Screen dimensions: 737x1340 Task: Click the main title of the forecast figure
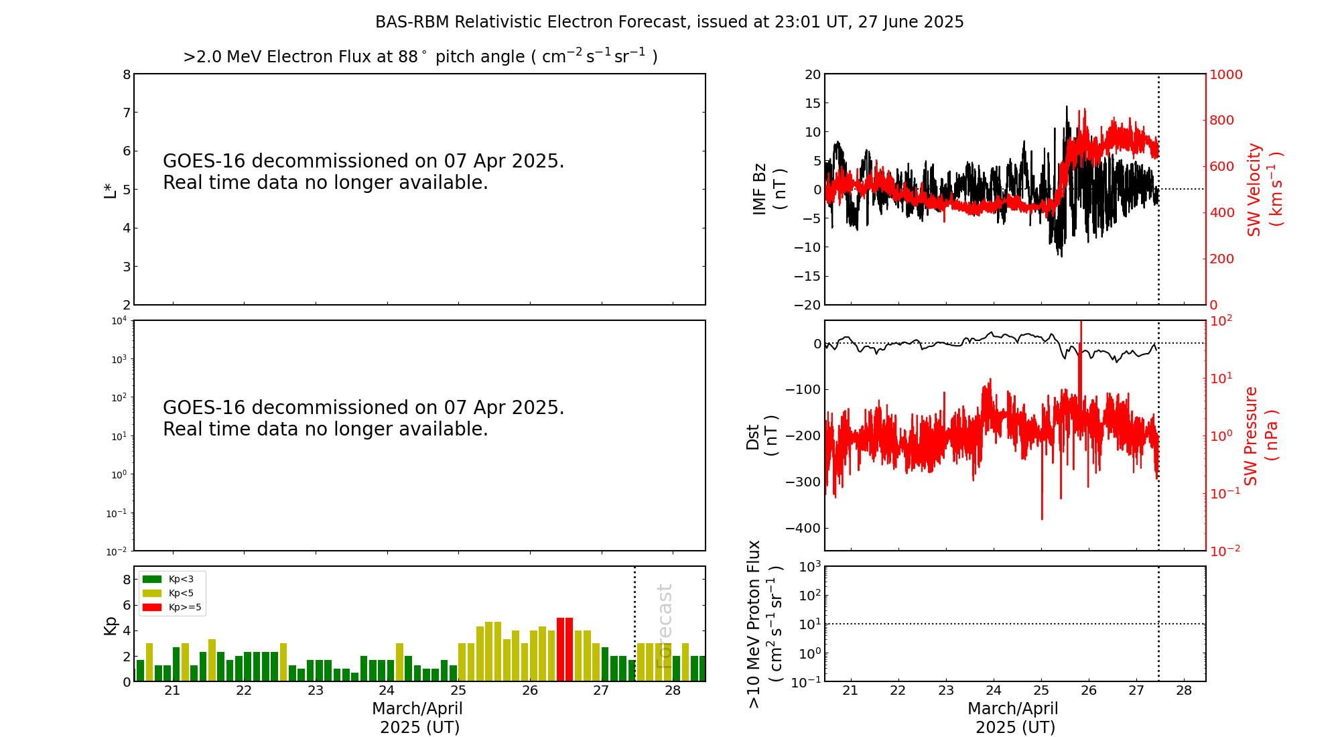coord(669,22)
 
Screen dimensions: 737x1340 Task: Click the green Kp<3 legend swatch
coord(152,579)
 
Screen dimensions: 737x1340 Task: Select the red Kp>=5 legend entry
coord(152,608)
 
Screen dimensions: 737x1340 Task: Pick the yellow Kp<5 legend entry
coord(152,593)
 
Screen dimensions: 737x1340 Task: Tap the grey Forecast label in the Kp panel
coord(664,626)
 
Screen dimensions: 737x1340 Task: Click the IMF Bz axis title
coord(769,189)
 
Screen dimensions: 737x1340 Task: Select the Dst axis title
coord(762,435)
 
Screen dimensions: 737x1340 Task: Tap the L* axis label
coord(111,189)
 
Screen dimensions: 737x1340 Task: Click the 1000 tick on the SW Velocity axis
coord(1225,74)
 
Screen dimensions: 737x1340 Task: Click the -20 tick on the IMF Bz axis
coord(807,305)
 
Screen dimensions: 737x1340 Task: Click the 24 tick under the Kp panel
coord(387,691)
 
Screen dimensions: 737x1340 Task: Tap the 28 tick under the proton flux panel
coord(1184,691)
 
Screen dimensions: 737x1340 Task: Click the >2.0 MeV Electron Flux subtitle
coord(420,57)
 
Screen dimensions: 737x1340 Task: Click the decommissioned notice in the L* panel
coord(363,172)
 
